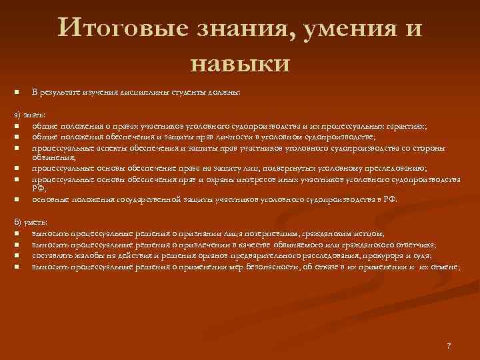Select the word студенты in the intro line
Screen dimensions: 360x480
click(x=179, y=92)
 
